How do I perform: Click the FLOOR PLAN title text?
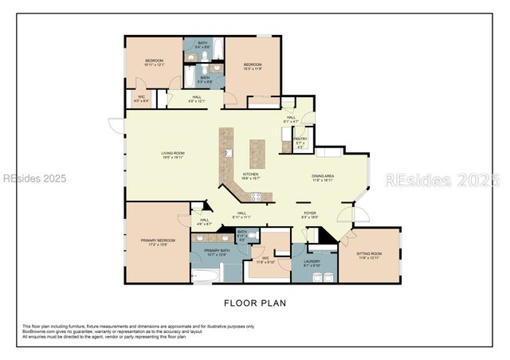coord(254,303)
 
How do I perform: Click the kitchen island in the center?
coord(257,153)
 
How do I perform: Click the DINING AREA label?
coord(323,178)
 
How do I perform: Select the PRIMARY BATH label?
coord(217,252)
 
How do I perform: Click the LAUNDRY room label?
coord(312,263)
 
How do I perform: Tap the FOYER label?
coord(309,213)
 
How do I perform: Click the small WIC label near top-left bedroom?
coord(140,99)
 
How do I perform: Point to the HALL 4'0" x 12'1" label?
coord(196,99)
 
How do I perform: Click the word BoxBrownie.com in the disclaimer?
coord(37,331)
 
